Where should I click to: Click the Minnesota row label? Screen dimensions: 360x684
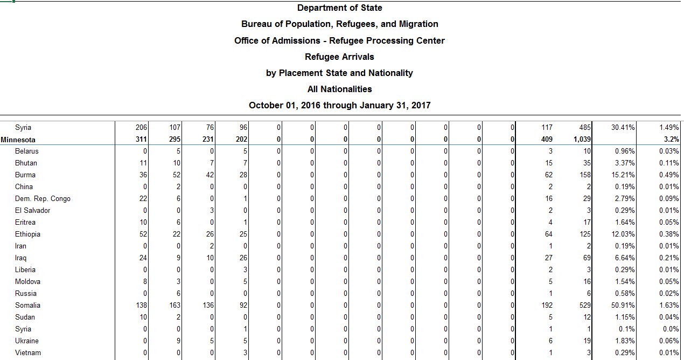pyautogui.click(x=18, y=140)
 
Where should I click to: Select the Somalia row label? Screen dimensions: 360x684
pyautogui.click(x=27, y=306)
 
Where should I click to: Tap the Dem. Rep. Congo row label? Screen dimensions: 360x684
pyautogui.click(x=43, y=199)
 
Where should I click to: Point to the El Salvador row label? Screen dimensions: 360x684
pyautogui.click(x=32, y=211)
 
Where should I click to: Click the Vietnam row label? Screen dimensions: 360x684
pyautogui.click(x=27, y=353)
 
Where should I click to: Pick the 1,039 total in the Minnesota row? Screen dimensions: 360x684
pyautogui.click(x=582, y=140)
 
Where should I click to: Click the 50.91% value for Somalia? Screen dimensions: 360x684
pyautogui.click(x=623, y=306)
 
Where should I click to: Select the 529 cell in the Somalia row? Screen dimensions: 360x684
pyautogui.click(x=585, y=306)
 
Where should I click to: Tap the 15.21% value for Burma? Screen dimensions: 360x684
pyautogui.click(x=623, y=175)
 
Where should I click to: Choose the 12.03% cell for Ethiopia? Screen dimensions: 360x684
pyautogui.click(x=623, y=234)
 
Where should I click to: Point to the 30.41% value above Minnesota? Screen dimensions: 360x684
pyautogui.click(x=623, y=128)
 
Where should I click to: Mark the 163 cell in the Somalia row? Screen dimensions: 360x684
pyautogui.click(x=175, y=306)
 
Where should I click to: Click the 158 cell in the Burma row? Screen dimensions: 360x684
pyautogui.click(x=585, y=175)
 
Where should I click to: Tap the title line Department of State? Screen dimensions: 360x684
pyautogui.click(x=339, y=8)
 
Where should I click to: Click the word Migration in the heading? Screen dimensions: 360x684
pyautogui.click(x=418, y=24)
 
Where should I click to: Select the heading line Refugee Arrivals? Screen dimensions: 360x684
pyautogui.click(x=339, y=57)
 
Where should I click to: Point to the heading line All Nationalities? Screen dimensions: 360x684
pyautogui.click(x=339, y=89)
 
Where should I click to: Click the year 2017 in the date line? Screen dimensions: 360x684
pyautogui.click(x=420, y=105)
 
